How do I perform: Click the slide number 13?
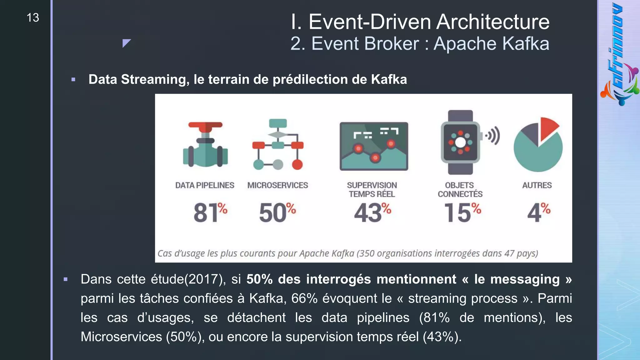pos(33,18)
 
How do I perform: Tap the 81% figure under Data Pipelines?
pos(210,212)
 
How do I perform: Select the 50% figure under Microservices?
pos(277,212)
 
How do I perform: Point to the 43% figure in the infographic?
pos(372,212)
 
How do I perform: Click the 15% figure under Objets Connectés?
pos(462,212)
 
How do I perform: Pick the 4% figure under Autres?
pos(538,212)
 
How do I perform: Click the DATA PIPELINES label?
pos(205,185)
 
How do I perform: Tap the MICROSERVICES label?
pos(277,185)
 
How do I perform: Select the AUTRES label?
pos(537,185)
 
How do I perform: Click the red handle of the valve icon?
pos(205,125)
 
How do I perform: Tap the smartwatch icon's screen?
pos(460,142)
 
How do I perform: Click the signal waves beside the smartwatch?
pos(493,136)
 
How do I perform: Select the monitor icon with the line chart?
pos(374,146)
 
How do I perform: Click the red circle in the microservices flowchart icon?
pos(297,164)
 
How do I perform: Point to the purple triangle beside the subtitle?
pos(126,43)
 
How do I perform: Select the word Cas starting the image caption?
pos(165,253)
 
